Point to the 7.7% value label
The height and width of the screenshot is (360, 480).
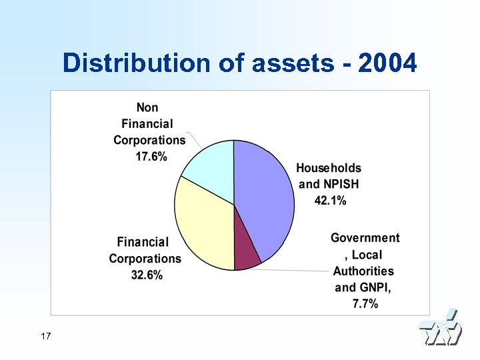pos(365,304)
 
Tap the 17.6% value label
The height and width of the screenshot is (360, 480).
pos(150,157)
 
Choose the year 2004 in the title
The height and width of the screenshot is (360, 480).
pos(387,64)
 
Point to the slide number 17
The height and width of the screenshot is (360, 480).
pos(45,336)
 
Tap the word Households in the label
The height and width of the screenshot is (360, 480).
pos(329,168)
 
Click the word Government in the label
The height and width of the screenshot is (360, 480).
pos(365,238)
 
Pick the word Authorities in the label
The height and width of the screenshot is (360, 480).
pos(364,271)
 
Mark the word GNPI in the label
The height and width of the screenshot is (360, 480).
pos(376,287)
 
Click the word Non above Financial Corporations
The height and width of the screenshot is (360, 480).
pos(147,107)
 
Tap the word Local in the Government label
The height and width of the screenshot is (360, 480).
pos(367,255)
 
